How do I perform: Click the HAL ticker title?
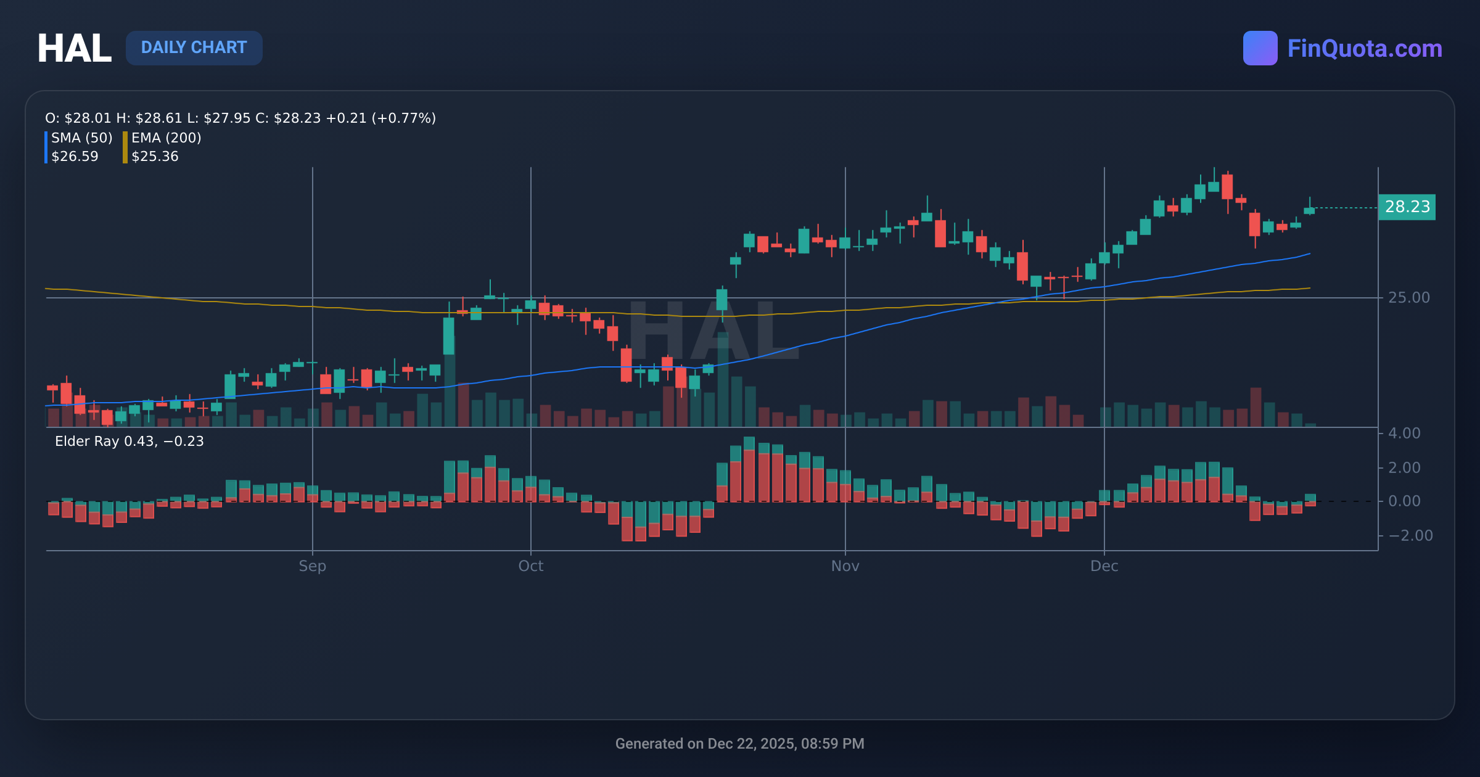[x=74, y=48]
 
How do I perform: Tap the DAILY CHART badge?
[x=194, y=47]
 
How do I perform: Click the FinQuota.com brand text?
[x=1364, y=48]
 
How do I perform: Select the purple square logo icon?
[x=1260, y=48]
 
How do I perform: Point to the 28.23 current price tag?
[x=1407, y=207]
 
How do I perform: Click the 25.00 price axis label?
[x=1408, y=298]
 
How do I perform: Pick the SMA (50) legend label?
[x=81, y=138]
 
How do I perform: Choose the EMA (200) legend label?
[x=166, y=138]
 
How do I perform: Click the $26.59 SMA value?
[x=75, y=156]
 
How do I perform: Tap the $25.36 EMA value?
[x=155, y=156]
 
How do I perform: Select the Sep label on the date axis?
[x=312, y=566]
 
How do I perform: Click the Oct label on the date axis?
[x=530, y=566]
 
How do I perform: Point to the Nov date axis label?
[x=845, y=566]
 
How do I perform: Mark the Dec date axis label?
[x=1104, y=566]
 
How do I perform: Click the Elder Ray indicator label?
[x=129, y=441]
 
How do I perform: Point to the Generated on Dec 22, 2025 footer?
[x=739, y=744]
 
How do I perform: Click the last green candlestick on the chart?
[x=1309, y=210]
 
